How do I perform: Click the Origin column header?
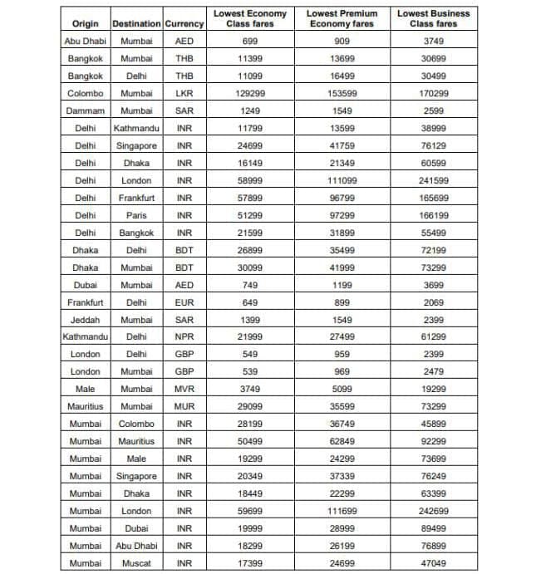[x=85, y=24]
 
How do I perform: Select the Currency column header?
[x=184, y=24]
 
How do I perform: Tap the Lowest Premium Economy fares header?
[x=342, y=18]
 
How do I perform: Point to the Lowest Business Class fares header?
[x=434, y=18]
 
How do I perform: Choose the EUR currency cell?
[x=184, y=302]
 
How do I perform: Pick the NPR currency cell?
[x=184, y=337]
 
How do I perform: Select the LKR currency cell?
[x=184, y=94]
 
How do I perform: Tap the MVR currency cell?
[x=184, y=389]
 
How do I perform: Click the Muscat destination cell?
[x=136, y=563]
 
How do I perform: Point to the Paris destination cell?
[x=136, y=215]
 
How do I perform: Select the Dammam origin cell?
[x=85, y=110]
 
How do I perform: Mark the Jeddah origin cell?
[x=85, y=320]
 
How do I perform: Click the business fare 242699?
[x=434, y=511]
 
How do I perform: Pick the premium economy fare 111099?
[x=342, y=180]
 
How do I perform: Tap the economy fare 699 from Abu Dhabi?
[x=250, y=41]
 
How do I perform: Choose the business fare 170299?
[x=434, y=94]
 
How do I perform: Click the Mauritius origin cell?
[x=85, y=406]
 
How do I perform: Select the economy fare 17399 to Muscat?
[x=250, y=563]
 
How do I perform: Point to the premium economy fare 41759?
[x=342, y=145]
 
